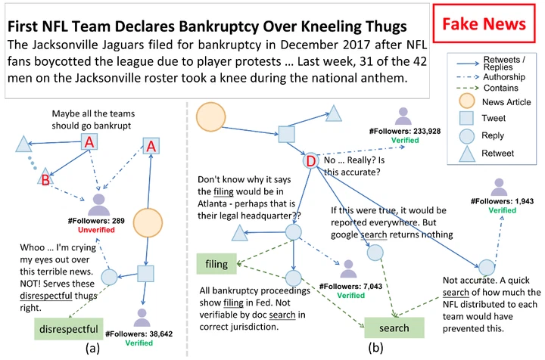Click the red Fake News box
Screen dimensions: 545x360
pos(484,23)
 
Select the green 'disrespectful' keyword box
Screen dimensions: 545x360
pos(69,329)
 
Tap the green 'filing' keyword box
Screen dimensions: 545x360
pos(216,264)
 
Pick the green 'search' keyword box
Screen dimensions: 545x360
pos(394,327)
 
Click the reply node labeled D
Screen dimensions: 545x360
pos(311,161)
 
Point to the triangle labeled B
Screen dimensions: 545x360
pos(45,176)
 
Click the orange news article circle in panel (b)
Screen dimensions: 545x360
pos(211,117)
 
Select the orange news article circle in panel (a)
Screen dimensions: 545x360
pos(148,223)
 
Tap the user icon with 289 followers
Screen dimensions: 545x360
pos(98,205)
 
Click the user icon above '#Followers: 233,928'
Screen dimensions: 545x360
pos(403,116)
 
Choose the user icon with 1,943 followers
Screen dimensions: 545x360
pos(499,187)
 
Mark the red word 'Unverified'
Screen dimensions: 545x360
pos(96,230)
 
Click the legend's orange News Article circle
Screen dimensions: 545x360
pos(466,101)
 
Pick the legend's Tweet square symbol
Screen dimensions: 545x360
pos(466,118)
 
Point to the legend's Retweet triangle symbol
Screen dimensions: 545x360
pos(467,154)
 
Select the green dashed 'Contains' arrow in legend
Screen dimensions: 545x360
pos(468,88)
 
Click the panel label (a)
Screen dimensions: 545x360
pos(92,348)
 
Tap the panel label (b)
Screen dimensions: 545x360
pos(375,347)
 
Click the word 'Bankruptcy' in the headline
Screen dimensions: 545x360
pos(219,26)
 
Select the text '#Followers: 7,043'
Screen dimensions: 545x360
pos(350,287)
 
